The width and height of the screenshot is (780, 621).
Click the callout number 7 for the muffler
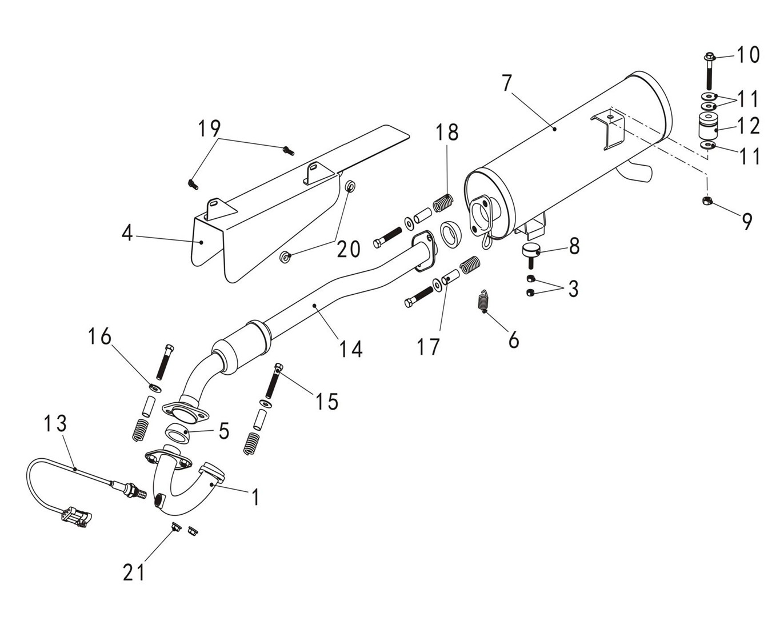click(506, 83)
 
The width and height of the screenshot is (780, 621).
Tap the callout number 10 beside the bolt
click(747, 55)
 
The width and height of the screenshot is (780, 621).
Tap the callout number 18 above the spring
click(447, 132)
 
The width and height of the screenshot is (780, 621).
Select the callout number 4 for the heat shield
click(127, 233)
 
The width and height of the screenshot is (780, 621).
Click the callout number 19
click(209, 129)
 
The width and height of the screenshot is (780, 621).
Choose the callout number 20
click(348, 249)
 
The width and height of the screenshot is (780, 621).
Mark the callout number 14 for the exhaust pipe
click(351, 348)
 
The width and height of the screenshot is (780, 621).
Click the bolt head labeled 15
click(279, 367)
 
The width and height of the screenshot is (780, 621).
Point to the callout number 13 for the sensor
click(56, 423)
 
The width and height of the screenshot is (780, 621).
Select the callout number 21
click(134, 571)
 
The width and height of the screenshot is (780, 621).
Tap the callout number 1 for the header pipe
click(255, 497)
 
